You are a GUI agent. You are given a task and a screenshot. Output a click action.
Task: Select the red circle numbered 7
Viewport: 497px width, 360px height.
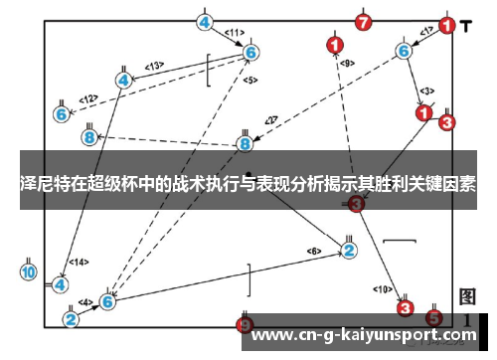click(363, 21)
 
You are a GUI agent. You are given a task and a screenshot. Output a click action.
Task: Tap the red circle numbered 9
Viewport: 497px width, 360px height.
click(246, 323)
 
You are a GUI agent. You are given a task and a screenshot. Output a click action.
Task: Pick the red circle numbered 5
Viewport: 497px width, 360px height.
click(433, 318)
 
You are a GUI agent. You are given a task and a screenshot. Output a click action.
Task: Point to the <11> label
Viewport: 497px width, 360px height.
click(234, 33)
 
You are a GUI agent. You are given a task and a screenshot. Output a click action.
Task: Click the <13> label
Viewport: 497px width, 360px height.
click(154, 66)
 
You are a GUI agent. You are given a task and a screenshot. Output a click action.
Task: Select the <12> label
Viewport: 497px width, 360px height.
click(88, 98)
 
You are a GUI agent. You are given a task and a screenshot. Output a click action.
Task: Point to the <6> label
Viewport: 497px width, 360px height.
click(314, 250)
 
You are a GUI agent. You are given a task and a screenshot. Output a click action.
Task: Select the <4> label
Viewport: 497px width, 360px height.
click(85, 301)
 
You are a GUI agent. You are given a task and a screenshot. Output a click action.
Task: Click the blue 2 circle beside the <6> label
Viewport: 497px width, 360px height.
click(349, 250)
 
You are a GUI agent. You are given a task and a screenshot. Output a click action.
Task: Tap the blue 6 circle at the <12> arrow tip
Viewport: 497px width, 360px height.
click(62, 114)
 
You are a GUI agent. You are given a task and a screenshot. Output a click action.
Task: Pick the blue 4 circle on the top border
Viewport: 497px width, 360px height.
click(204, 21)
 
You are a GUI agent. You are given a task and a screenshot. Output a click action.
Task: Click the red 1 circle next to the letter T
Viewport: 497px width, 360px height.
click(446, 26)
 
